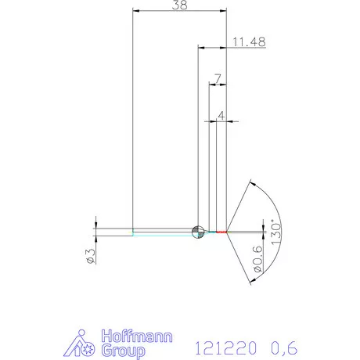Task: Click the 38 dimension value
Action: pyautogui.click(x=178, y=5)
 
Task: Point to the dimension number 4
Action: pyautogui.click(x=221, y=115)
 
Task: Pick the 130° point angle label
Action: pyautogui.click(x=274, y=232)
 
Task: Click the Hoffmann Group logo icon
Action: pyautogui.click(x=88, y=344)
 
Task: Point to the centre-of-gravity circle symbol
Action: pyautogui.click(x=198, y=231)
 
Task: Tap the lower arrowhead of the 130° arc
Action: pyautogui.click(x=251, y=279)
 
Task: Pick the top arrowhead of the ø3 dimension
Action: pyautogui.click(x=97, y=225)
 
